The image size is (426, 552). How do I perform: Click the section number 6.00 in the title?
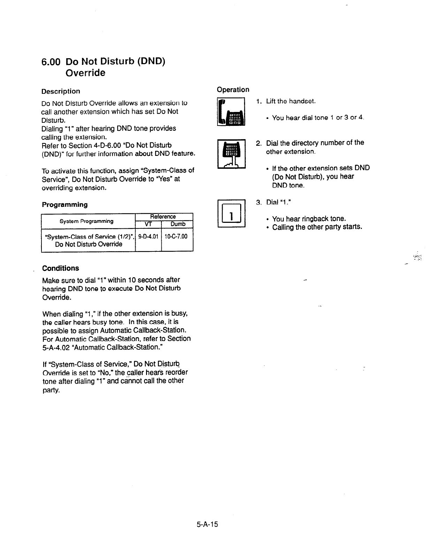[52, 62]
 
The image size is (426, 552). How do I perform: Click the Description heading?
[61, 91]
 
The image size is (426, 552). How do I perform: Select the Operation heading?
[233, 90]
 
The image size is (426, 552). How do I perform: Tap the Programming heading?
[64, 204]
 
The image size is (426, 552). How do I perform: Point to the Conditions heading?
[60, 268]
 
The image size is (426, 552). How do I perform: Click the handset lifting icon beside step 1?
[231, 112]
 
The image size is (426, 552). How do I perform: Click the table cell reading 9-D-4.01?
[148, 236]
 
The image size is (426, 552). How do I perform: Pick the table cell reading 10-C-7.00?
[176, 236]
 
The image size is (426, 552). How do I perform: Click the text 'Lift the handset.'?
[291, 101]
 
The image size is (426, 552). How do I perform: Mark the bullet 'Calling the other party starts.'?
[317, 227]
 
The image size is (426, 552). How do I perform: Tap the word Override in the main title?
[85, 73]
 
